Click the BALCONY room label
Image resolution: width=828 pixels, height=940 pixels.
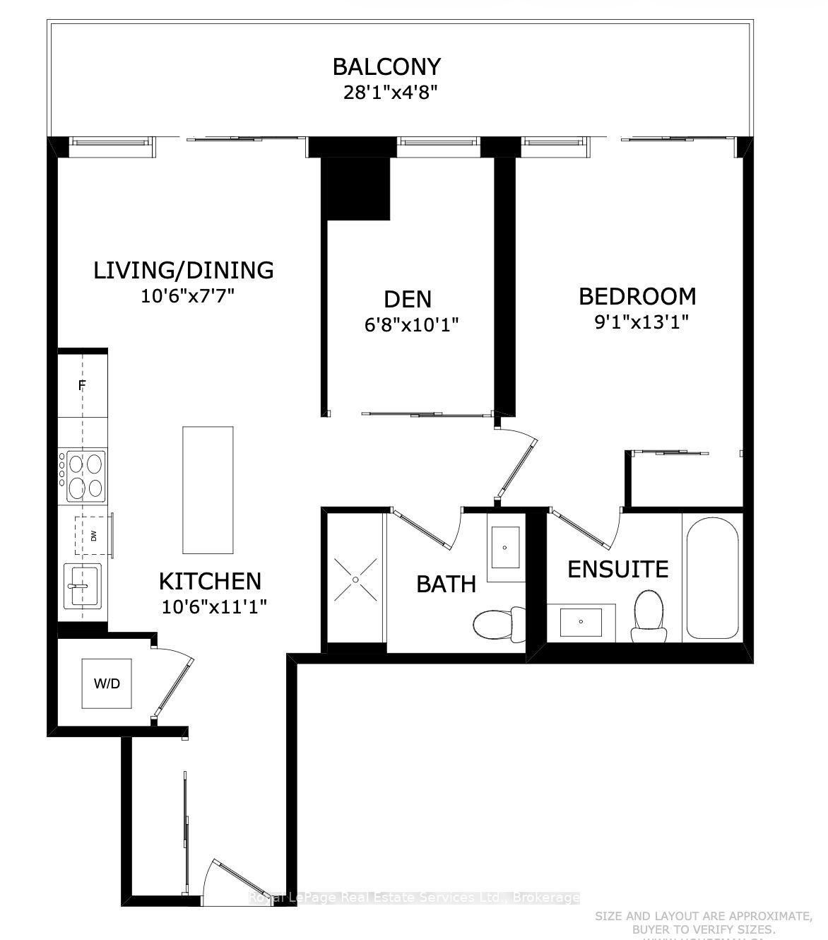click(386, 66)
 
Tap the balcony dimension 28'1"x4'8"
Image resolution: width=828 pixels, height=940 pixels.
click(386, 93)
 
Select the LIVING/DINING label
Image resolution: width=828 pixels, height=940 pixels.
click(184, 270)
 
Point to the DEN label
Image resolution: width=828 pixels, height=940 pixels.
click(408, 299)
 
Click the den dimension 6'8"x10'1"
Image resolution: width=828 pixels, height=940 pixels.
click(408, 324)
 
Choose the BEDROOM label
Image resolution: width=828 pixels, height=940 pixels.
click(637, 296)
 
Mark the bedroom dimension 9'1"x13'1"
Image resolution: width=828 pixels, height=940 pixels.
click(641, 322)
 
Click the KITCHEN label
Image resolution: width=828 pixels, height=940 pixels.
click(210, 581)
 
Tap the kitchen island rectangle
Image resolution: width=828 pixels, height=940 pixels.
click(208, 490)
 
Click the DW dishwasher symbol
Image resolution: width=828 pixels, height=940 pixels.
click(93, 536)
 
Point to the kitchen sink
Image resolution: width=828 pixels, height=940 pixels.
click(83, 585)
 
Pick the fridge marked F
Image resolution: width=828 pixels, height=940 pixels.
click(82, 385)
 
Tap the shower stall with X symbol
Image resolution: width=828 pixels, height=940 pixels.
click(355, 580)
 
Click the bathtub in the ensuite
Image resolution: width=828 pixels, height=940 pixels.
click(711, 577)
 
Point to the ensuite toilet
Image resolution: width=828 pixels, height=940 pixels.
click(648, 616)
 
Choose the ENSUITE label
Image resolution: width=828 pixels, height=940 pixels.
click(618, 569)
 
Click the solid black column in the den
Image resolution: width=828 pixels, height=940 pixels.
click(355, 188)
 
